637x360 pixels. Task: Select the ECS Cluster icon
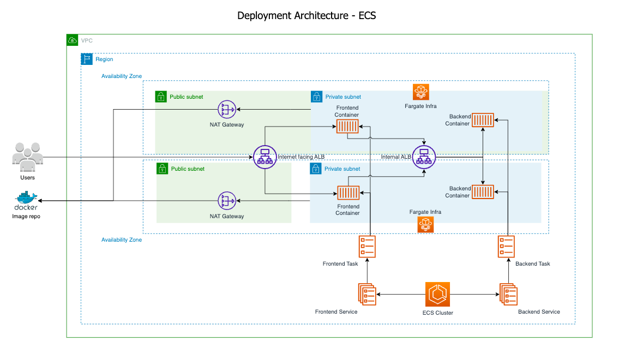click(437, 295)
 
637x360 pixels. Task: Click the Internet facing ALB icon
click(265, 157)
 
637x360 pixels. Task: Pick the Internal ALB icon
click(424, 157)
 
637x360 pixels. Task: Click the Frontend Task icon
click(367, 247)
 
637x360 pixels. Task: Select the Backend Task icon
click(507, 247)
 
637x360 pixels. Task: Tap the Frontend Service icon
click(367, 295)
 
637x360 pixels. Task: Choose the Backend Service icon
click(508, 295)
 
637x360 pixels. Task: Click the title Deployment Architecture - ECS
click(307, 15)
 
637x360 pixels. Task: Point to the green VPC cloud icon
click(72, 40)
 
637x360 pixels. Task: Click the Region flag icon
click(87, 59)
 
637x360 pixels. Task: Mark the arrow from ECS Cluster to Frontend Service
click(401, 295)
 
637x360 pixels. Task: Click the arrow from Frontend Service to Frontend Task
click(367, 271)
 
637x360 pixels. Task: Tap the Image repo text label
click(26, 217)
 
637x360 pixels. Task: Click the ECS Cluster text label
click(437, 313)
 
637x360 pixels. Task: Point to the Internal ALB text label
click(396, 157)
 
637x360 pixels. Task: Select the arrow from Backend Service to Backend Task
click(507, 271)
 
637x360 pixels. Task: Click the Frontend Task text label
click(340, 264)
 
